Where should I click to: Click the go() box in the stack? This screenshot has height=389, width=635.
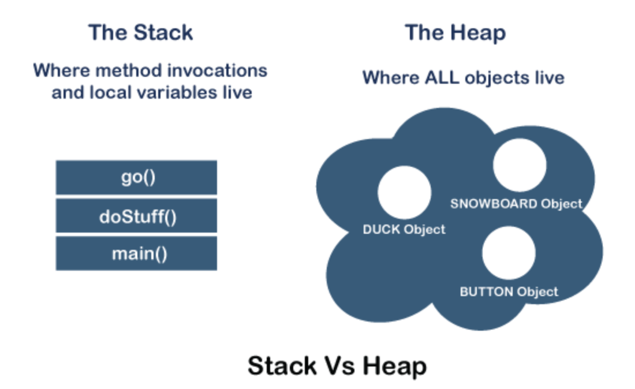pos(136,178)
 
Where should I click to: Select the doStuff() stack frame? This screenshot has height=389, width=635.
pos(136,218)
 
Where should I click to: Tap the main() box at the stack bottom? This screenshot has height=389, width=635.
pos(136,254)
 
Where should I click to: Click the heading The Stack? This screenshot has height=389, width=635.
pos(140,32)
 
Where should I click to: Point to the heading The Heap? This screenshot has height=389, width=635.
pos(455,32)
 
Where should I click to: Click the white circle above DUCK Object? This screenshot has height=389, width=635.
pos(404,192)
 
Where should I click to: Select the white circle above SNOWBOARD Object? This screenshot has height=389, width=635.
pos(520,165)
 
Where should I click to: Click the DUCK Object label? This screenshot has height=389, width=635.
pos(404,229)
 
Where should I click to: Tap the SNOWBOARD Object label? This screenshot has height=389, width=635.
pos(516,204)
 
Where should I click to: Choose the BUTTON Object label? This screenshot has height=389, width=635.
pos(509,291)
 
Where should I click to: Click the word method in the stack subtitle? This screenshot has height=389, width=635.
pos(127,70)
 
